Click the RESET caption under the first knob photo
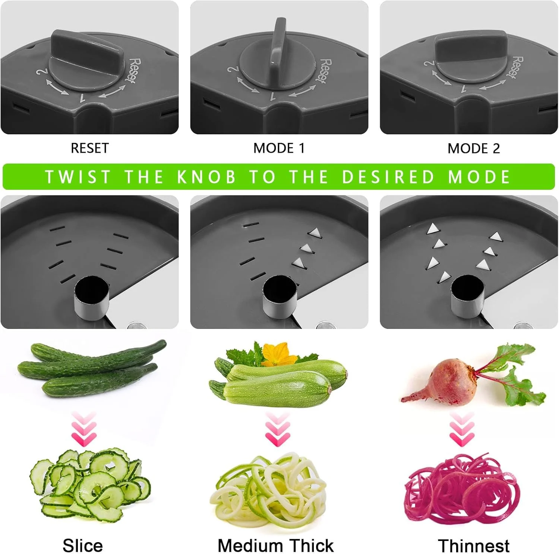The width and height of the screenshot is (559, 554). pos(89,148)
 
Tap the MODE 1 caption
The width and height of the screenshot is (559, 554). pos(279,148)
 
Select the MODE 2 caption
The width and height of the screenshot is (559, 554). pos(473,148)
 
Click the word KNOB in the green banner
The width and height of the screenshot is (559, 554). pos(207,177)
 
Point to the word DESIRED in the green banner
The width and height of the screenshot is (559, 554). pos(389,177)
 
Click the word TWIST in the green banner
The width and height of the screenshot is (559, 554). pos(78,177)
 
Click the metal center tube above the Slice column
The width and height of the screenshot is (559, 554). pos(92,298)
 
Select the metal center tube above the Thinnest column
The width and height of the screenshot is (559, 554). pos(468,298)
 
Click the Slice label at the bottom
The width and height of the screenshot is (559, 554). pos(83,546)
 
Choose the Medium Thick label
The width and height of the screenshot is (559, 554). pos(276,546)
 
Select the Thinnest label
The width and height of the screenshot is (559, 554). pos(473,546)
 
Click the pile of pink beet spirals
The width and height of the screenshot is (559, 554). pos(462,489)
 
